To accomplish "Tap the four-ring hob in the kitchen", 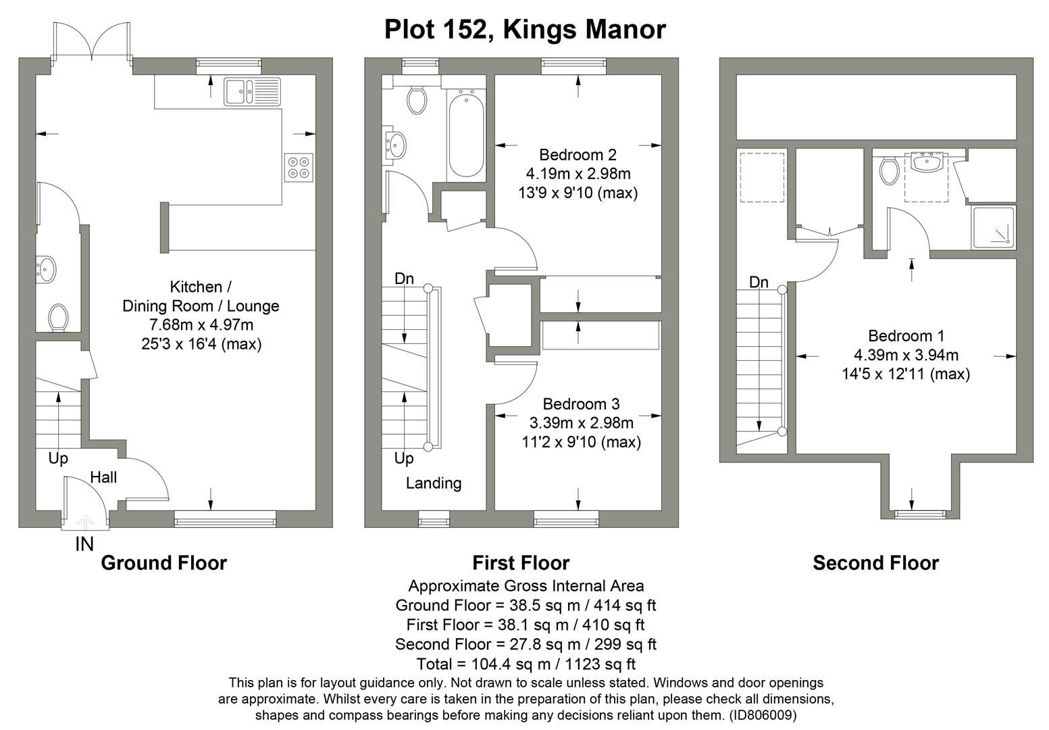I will point(299,167).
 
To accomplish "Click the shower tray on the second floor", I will point(994,227).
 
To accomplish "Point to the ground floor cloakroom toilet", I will point(58,317).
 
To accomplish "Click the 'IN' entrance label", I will point(84,544).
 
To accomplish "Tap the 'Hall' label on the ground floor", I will point(103,478).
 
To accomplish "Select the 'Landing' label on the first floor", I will point(434,483).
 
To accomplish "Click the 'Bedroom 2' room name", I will point(578,155).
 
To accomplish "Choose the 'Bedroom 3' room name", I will point(581,404).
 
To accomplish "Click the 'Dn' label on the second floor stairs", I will point(759,283).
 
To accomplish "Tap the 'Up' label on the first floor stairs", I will point(403,459).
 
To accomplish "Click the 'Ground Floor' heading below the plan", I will point(163,563).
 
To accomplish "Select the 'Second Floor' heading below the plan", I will point(875,563).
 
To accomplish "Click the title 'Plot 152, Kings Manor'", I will point(525,30).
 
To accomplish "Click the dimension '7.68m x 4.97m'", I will point(201,325).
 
